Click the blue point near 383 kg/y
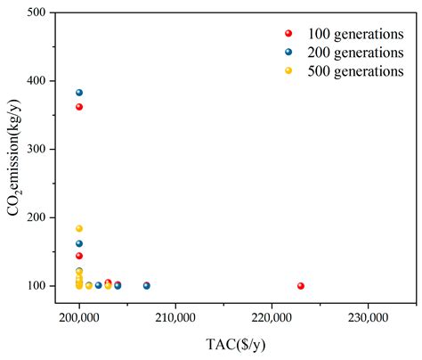coord(79,93)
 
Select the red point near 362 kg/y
coord(79,107)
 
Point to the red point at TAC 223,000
coord(301,286)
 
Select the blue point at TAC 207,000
coord(147,286)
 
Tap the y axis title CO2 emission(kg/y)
coord(13,157)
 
